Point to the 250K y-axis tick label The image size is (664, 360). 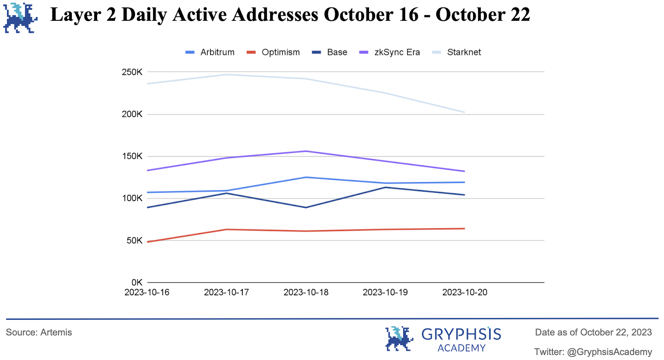point(132,72)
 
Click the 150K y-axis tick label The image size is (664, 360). point(132,156)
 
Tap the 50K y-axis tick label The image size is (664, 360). point(134,241)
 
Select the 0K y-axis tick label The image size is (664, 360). point(137,282)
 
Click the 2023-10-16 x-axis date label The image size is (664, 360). point(147,292)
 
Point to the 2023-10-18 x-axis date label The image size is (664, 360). point(306,292)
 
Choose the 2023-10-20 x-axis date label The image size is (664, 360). point(465,292)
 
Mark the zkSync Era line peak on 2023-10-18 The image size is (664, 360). point(306,151)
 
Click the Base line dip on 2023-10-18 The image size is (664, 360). point(306,207)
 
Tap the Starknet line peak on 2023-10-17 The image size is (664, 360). point(227,75)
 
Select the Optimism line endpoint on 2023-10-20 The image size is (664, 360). point(464,229)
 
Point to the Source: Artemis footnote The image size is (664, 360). point(39,333)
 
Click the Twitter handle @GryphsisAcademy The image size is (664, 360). point(609,352)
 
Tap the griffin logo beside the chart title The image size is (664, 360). point(20,17)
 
